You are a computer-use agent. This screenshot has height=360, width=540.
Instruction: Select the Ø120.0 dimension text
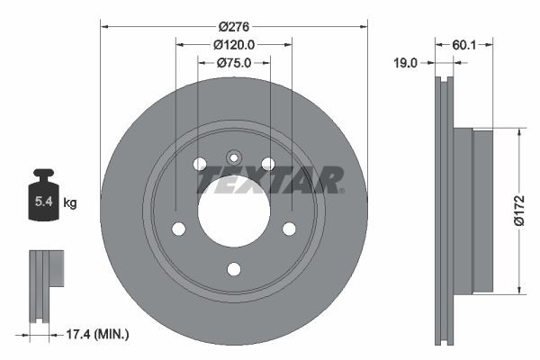pos(234,43)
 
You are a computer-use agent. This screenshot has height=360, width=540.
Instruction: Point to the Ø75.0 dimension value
pos(234,62)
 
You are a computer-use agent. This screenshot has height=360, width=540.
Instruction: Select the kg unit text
pos(70,203)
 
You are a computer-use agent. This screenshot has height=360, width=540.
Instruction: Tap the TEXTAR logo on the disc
pos(269,180)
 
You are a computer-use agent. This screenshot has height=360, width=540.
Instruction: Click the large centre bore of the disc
pos(233,210)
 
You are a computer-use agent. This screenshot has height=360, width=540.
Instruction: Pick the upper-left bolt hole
pos(200,163)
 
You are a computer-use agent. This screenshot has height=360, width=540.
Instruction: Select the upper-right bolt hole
pos(267,163)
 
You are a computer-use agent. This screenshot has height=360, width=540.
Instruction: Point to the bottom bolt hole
pos(234,268)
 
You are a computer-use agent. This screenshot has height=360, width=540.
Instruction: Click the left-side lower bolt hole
pos(178,228)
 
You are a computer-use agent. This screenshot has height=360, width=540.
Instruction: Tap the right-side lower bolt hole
pos(289,228)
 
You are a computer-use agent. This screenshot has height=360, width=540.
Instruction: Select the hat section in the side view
pos(472,211)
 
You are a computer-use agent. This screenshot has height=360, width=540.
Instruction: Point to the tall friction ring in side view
pos(444,211)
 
